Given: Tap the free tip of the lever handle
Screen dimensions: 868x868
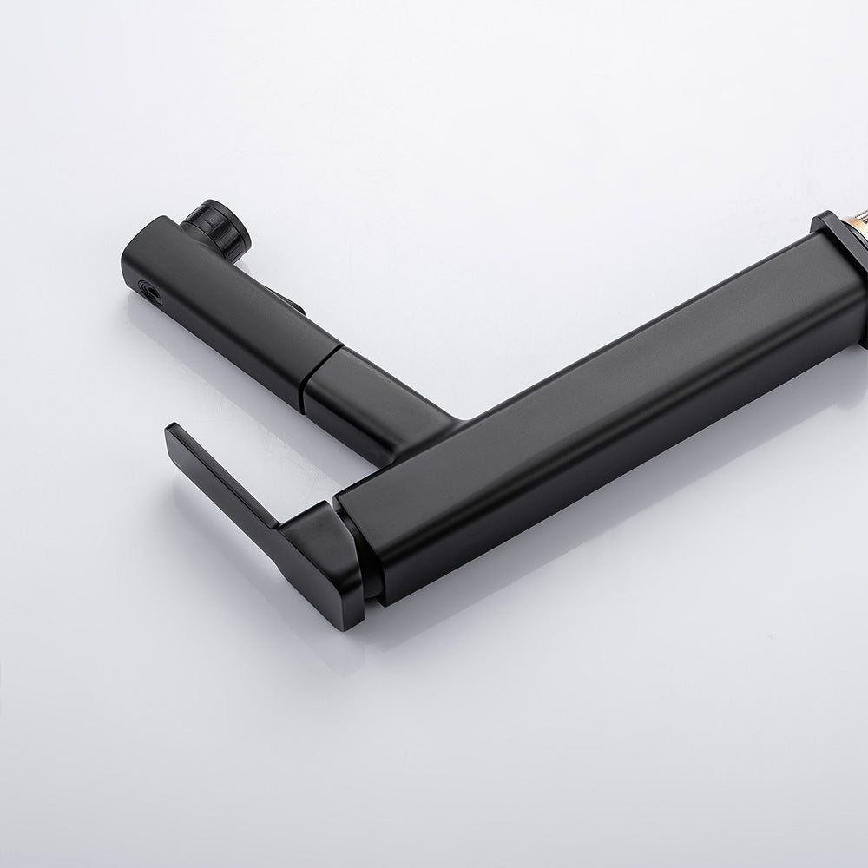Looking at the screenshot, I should tap(171, 431).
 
